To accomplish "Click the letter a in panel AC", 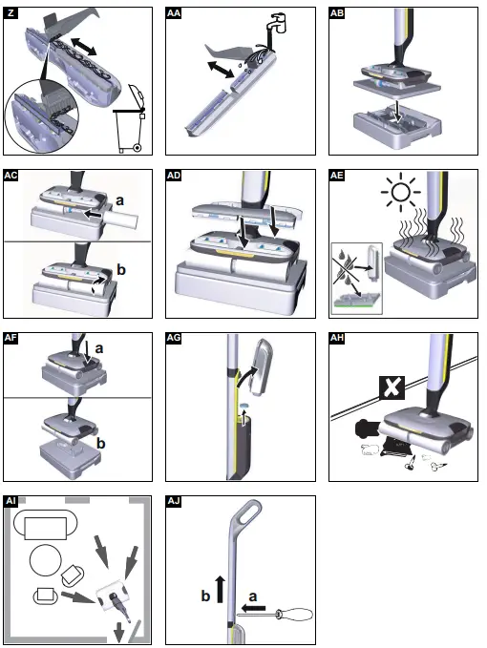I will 120,201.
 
